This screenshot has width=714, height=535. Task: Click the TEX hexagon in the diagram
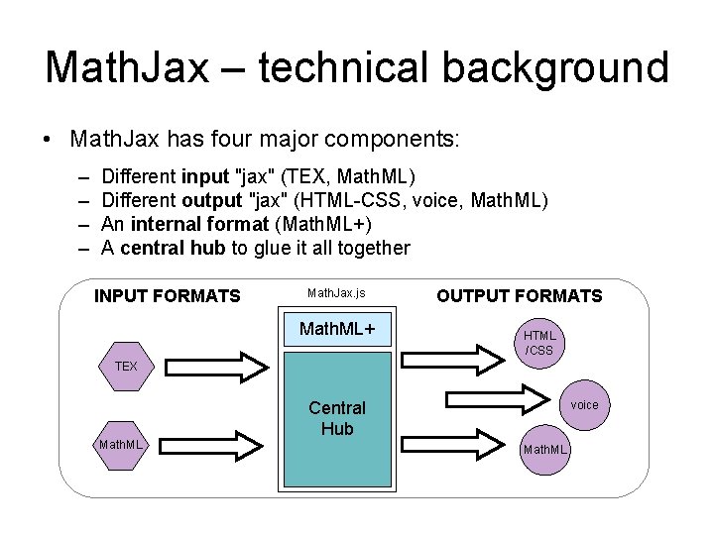[x=126, y=367]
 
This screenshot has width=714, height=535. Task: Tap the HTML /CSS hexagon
[x=539, y=343]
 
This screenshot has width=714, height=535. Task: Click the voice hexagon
[x=584, y=404]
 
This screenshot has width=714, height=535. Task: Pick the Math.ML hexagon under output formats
[x=545, y=450]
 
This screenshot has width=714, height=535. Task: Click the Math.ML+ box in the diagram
[x=336, y=328]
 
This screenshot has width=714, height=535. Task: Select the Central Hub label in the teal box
[x=336, y=418]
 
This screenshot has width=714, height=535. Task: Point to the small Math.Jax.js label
[x=336, y=293]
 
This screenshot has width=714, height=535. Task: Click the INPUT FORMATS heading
[x=167, y=295]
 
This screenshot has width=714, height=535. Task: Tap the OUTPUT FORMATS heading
[x=520, y=295]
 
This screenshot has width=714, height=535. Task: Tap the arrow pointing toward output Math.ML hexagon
[x=456, y=442]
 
